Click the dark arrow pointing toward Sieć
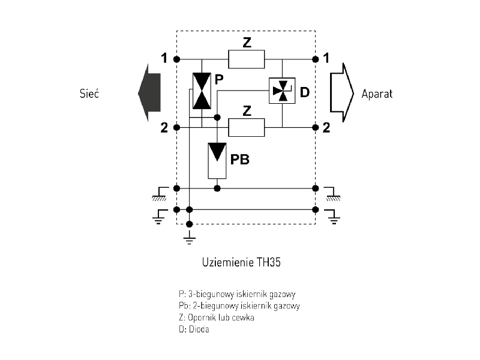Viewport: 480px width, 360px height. point(149,93)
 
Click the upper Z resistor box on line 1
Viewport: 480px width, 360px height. point(246,59)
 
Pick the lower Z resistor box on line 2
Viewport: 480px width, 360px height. point(246,127)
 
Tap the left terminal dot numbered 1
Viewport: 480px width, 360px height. point(176,59)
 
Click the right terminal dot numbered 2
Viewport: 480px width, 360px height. point(315,127)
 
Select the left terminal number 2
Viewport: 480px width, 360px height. point(164,127)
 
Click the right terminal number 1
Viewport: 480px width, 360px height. point(326,58)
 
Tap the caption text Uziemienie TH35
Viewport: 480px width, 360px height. point(240,263)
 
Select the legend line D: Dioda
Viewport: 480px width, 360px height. point(194,329)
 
